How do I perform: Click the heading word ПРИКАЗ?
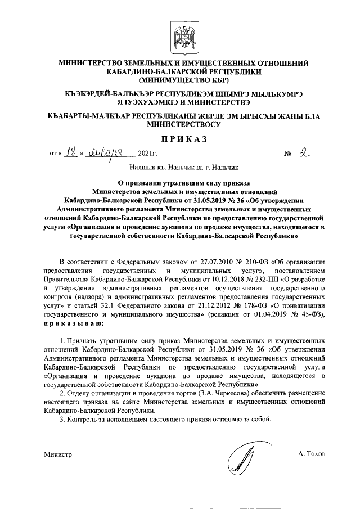coord(179,138)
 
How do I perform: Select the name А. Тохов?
coord(312,453)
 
